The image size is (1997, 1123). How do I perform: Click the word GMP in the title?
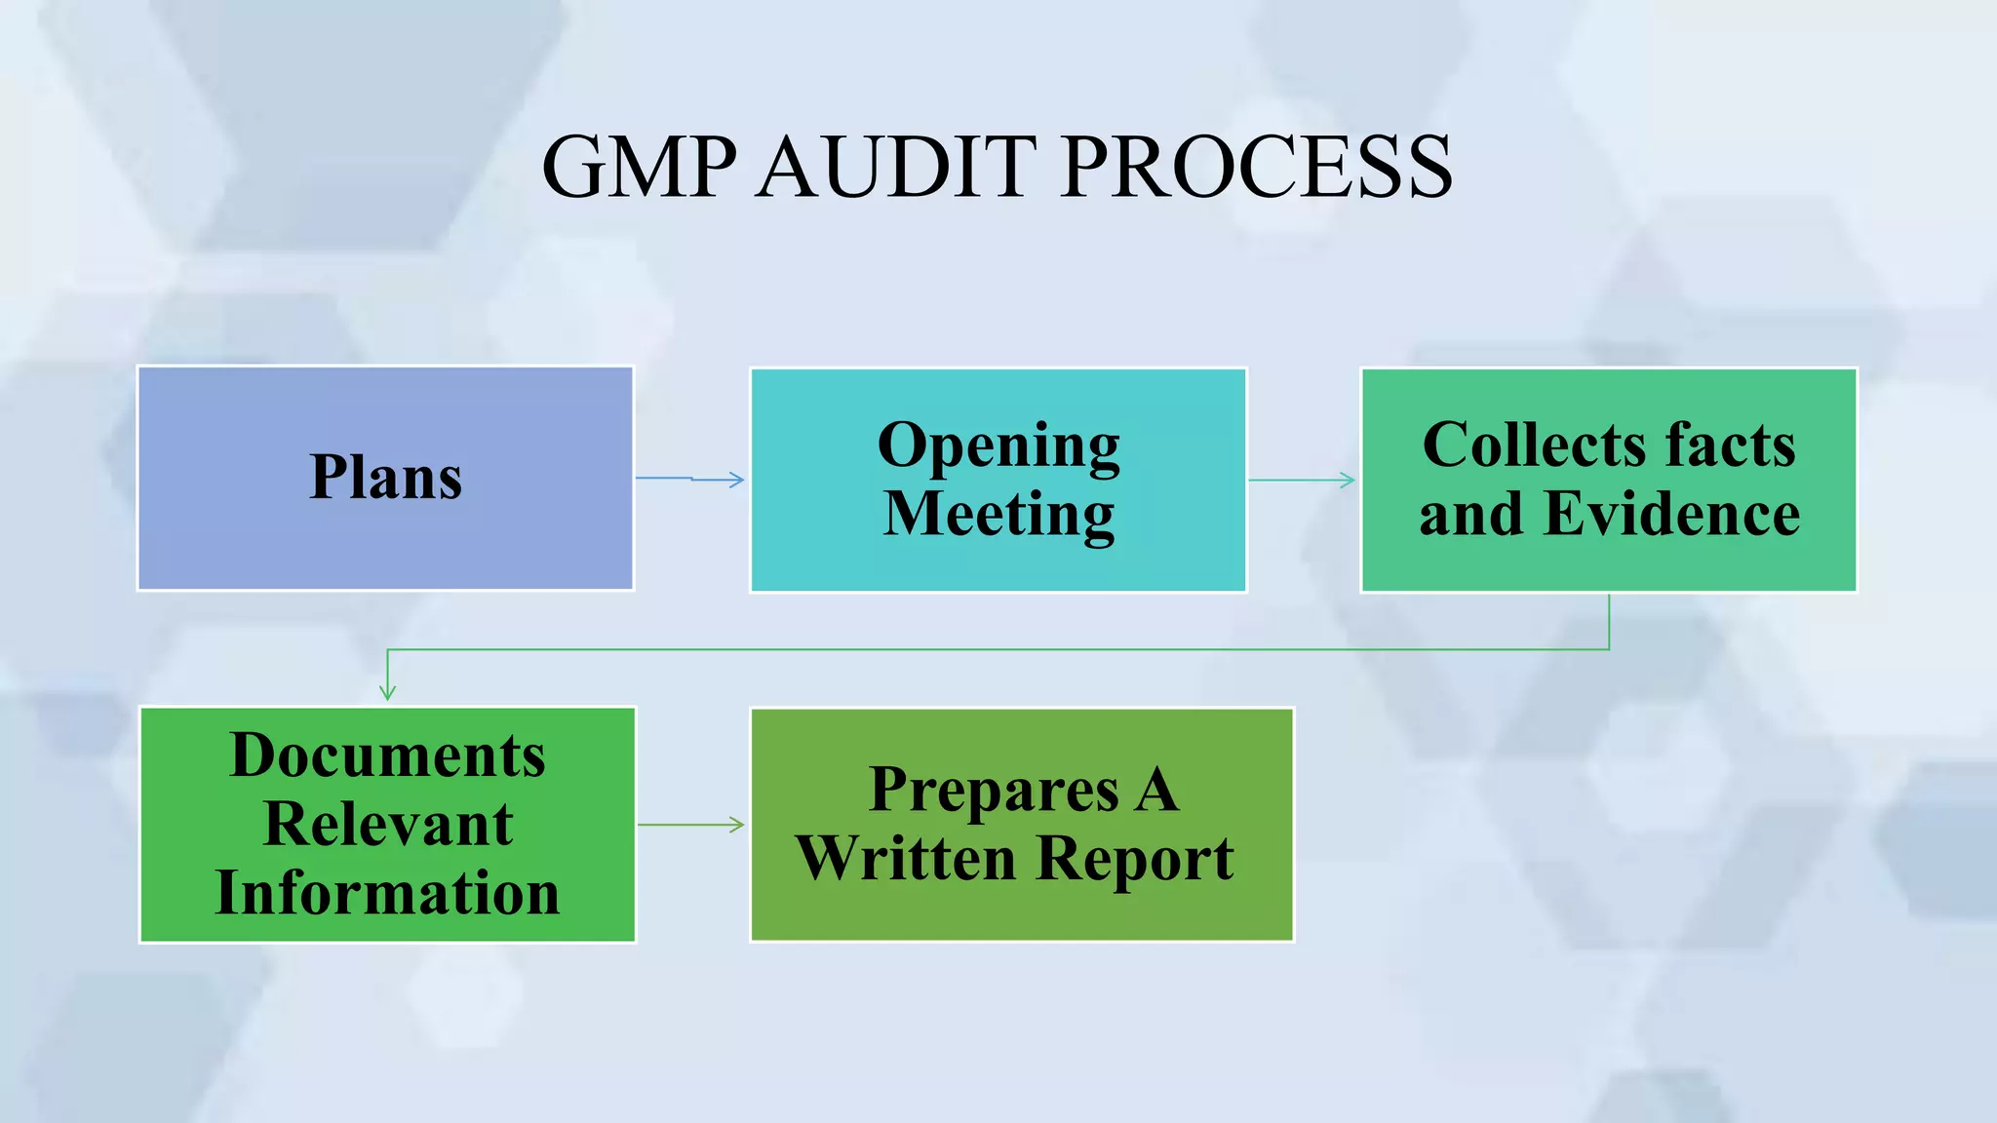pyautogui.click(x=639, y=167)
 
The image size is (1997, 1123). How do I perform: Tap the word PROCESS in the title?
pyautogui.click(x=1257, y=167)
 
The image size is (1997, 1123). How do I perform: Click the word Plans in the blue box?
pyautogui.click(x=386, y=478)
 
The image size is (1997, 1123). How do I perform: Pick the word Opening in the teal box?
pyautogui.click(x=998, y=446)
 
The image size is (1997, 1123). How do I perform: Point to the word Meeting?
pyautogui.click(x=998, y=515)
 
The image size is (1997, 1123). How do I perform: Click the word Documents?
pyautogui.click(x=387, y=755)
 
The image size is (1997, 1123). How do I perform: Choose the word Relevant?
pyautogui.click(x=387, y=825)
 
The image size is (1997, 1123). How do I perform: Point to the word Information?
pyautogui.click(x=387, y=893)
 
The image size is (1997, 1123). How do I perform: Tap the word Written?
pyautogui.click(x=906, y=859)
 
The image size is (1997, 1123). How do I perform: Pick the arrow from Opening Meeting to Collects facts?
pyautogui.click(x=1302, y=480)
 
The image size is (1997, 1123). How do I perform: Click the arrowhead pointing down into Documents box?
pyautogui.click(x=387, y=691)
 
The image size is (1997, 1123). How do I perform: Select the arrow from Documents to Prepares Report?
pyautogui.click(x=691, y=825)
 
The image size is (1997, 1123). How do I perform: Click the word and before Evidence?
pyautogui.click(x=1469, y=515)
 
